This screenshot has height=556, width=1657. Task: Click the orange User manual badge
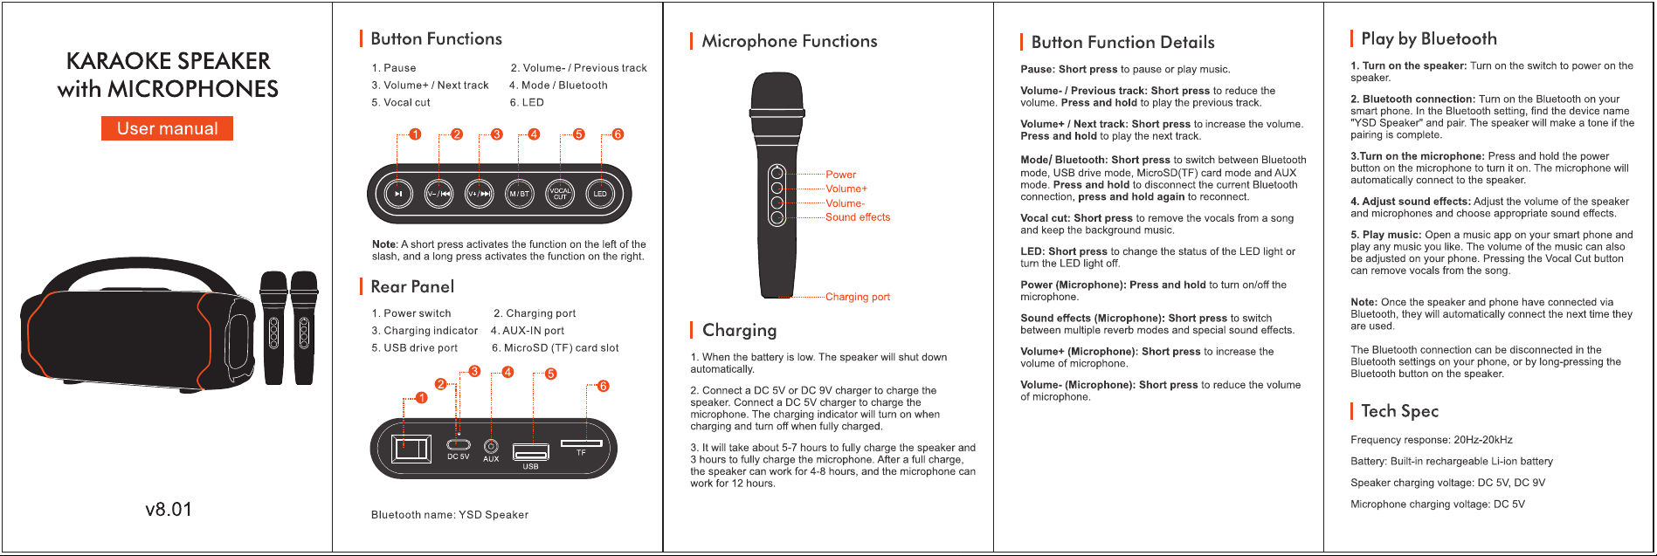point(168,128)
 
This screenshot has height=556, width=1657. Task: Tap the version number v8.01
point(169,510)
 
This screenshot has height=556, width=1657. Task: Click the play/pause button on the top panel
point(398,194)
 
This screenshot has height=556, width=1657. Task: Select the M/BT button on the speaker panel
point(520,194)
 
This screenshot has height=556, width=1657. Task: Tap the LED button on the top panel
point(600,194)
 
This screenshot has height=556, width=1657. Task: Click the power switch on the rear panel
point(411,450)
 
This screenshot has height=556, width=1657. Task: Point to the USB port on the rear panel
point(530,452)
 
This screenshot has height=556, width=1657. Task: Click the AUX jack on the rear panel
point(491,446)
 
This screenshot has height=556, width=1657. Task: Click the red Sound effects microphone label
point(858,217)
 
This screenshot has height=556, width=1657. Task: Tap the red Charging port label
point(858,297)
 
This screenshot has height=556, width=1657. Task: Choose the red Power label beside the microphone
point(840,175)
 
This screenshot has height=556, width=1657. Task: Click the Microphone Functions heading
point(790,41)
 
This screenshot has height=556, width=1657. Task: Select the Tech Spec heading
point(1399,411)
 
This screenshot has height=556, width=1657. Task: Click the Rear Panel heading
point(412,286)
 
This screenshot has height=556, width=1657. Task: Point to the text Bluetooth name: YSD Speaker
point(450,515)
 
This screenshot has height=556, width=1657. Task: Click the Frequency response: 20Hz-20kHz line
point(1432,440)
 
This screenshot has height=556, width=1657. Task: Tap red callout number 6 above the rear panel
point(603,387)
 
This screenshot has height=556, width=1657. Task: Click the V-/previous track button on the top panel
point(438,194)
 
